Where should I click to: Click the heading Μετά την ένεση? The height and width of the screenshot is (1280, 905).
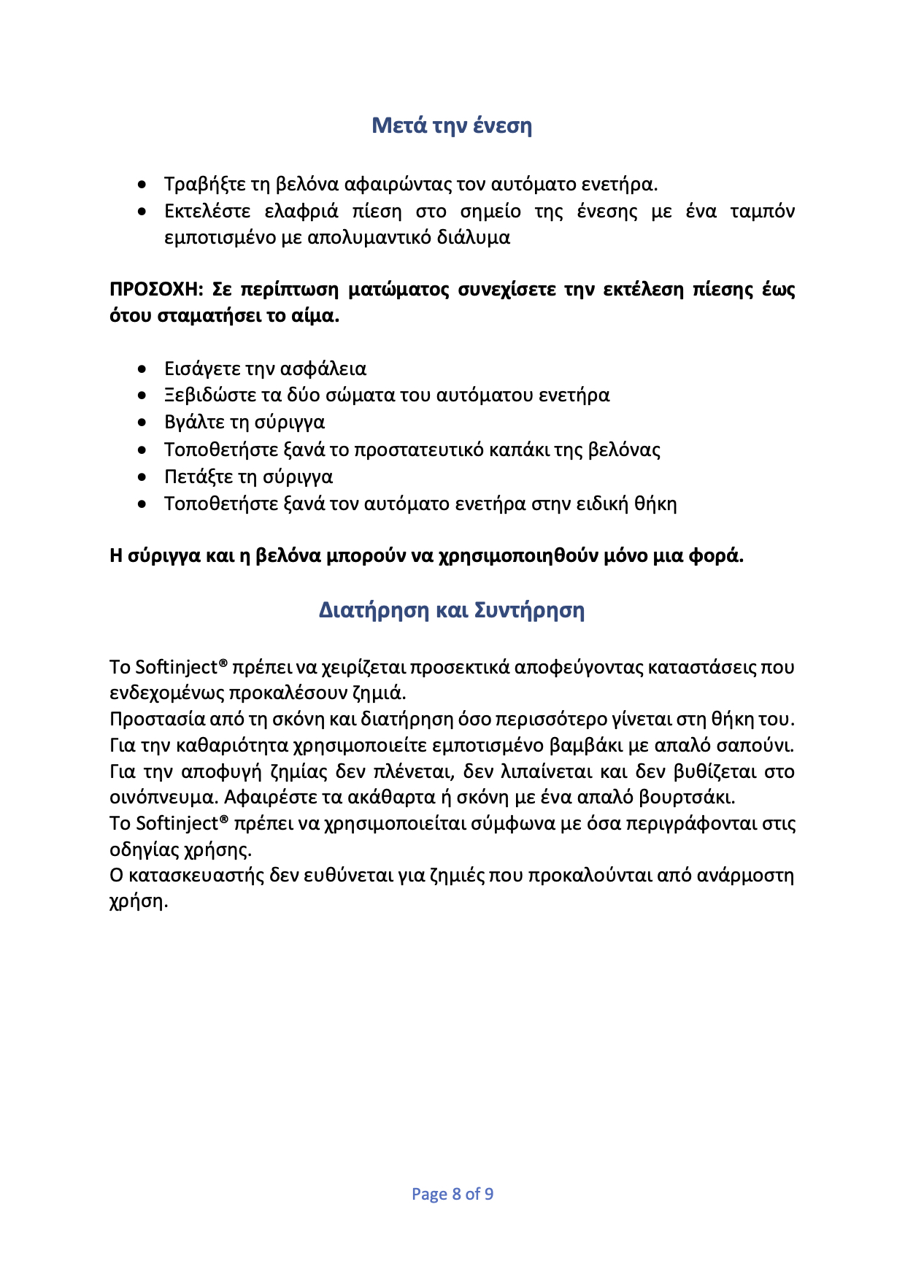pyautogui.click(x=452, y=126)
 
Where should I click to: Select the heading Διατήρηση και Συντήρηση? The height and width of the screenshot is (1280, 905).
pyautogui.click(x=452, y=610)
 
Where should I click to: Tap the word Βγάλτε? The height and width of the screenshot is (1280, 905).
pyautogui.click(x=193, y=423)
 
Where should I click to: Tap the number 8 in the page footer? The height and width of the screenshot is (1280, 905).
pyautogui.click(x=457, y=1194)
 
